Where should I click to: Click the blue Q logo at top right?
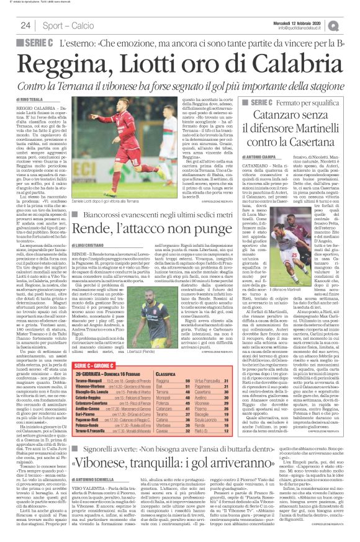pyautogui.click(x=352, y=25)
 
